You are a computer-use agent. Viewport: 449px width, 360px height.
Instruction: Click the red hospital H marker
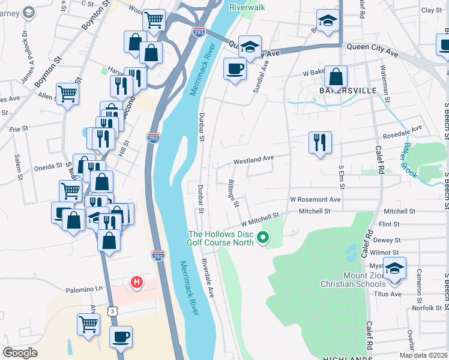pos(137,281)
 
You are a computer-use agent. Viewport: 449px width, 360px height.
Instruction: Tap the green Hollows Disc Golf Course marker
pos(262,239)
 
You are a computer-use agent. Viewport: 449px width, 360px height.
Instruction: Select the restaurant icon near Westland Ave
pos(319,142)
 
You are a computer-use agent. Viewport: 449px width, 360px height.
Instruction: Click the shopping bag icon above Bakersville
pos(337,77)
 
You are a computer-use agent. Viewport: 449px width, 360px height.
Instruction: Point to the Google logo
pos(20,353)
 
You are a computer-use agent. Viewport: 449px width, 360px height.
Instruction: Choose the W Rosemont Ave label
pos(315,199)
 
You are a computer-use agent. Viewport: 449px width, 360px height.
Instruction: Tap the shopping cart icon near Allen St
pos(67,94)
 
